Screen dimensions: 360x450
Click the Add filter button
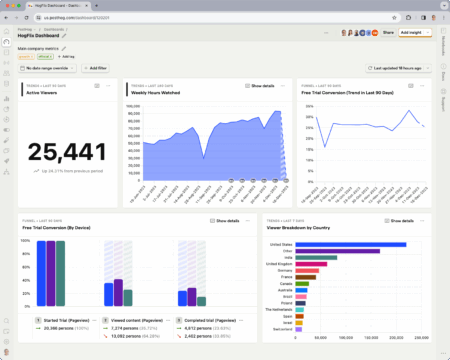pos(95,68)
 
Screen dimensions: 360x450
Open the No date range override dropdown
pos(48,68)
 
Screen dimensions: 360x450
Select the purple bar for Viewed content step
pos(117,291)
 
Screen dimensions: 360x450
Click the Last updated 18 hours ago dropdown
pos(395,68)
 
